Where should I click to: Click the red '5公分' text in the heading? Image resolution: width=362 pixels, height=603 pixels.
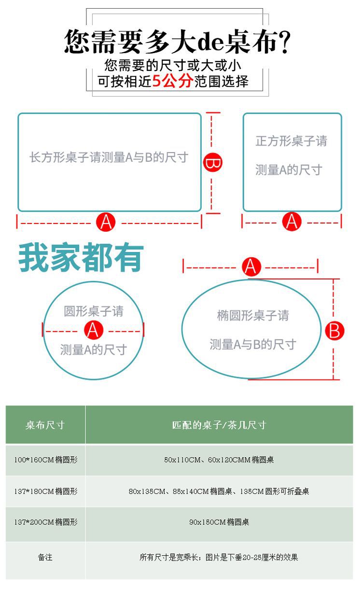(x=172, y=81)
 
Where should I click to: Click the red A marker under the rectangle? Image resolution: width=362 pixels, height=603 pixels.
(x=106, y=222)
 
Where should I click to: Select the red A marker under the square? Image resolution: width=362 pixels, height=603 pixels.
(x=292, y=222)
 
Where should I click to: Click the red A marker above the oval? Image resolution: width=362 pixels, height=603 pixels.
(x=251, y=266)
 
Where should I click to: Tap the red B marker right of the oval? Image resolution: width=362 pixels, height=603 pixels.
(x=334, y=331)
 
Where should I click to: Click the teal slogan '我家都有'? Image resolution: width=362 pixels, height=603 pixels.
(x=81, y=257)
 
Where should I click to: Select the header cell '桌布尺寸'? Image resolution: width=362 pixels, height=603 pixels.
(x=45, y=425)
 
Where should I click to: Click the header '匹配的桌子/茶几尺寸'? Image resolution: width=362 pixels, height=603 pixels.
(x=219, y=425)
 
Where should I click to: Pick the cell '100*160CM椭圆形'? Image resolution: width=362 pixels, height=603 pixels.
(x=45, y=460)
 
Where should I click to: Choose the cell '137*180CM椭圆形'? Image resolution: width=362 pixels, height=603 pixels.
(x=45, y=491)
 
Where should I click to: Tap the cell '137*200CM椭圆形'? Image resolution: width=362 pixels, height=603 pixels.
(x=45, y=522)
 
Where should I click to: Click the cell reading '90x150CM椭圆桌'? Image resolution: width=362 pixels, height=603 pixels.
(x=219, y=522)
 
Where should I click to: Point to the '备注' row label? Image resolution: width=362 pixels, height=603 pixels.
(x=45, y=558)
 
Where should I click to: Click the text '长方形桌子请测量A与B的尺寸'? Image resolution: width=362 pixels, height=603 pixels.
(x=109, y=157)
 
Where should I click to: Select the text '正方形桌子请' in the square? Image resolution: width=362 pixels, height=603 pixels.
(x=291, y=141)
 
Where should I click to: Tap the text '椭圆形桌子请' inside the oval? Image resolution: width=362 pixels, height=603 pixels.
(x=252, y=316)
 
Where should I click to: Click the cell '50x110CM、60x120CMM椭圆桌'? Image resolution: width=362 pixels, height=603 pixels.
(x=219, y=460)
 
